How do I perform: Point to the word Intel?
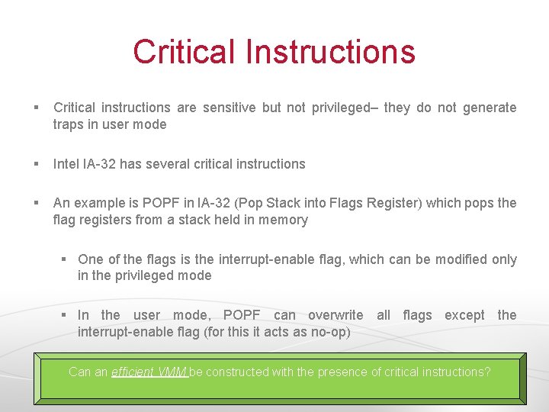click(x=66, y=164)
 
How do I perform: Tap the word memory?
click(x=284, y=220)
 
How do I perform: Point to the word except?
click(x=464, y=315)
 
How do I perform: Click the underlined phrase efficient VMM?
click(x=149, y=372)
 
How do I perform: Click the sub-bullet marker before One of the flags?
click(x=65, y=259)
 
